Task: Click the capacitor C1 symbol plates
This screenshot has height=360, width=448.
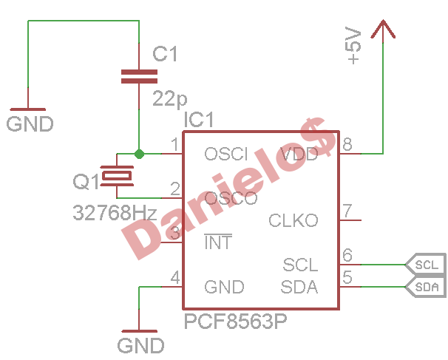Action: click(x=139, y=76)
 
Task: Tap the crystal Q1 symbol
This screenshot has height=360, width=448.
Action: click(x=117, y=176)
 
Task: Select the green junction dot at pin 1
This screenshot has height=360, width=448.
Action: click(x=139, y=154)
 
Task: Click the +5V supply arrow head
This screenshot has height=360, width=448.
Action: click(x=383, y=29)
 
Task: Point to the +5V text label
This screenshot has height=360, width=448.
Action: click(x=353, y=45)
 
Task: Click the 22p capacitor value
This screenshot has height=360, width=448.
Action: click(x=170, y=98)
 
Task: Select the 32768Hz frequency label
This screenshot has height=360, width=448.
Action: click(x=115, y=213)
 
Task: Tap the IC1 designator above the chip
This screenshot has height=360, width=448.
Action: click(x=199, y=120)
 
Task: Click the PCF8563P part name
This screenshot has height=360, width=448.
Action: click(x=235, y=321)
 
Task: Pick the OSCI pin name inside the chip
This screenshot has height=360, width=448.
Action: click(x=226, y=154)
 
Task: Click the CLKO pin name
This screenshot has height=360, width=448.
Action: click(x=293, y=220)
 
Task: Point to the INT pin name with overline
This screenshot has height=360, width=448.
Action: click(x=218, y=242)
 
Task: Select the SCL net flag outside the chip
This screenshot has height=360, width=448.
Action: click(x=425, y=265)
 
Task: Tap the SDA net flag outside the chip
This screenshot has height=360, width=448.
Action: click(x=425, y=287)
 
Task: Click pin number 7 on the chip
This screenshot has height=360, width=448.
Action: click(x=347, y=211)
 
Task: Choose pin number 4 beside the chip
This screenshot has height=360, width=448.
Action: click(x=175, y=277)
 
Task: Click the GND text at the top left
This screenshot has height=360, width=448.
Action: click(x=30, y=124)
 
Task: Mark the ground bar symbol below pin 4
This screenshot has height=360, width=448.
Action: click(x=140, y=331)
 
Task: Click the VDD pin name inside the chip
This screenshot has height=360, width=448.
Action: click(x=299, y=154)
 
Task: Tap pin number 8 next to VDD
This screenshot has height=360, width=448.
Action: click(x=347, y=144)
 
